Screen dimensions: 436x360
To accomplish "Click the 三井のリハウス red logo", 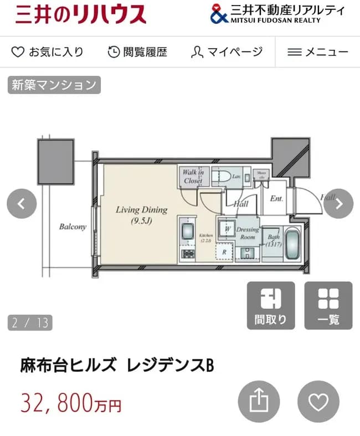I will tap(81, 14).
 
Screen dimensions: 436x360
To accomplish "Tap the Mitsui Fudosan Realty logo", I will tap(277, 14).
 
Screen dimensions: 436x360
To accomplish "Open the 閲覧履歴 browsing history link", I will tap(137, 52).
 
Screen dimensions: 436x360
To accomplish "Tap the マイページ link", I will tap(227, 52).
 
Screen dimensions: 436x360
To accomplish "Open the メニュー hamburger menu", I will tap(318, 52).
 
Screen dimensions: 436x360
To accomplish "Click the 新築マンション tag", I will tap(54, 85).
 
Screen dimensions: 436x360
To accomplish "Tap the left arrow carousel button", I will tap(21, 204).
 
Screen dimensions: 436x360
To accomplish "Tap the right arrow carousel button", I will tap(338, 204).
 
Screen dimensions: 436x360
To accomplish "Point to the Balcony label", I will tap(73, 227).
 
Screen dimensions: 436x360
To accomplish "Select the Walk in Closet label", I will tap(193, 177).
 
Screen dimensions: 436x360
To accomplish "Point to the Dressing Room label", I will tap(248, 233).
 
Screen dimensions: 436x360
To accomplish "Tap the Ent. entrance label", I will tap(276, 198).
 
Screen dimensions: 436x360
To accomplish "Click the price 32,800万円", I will tap(71, 403).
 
